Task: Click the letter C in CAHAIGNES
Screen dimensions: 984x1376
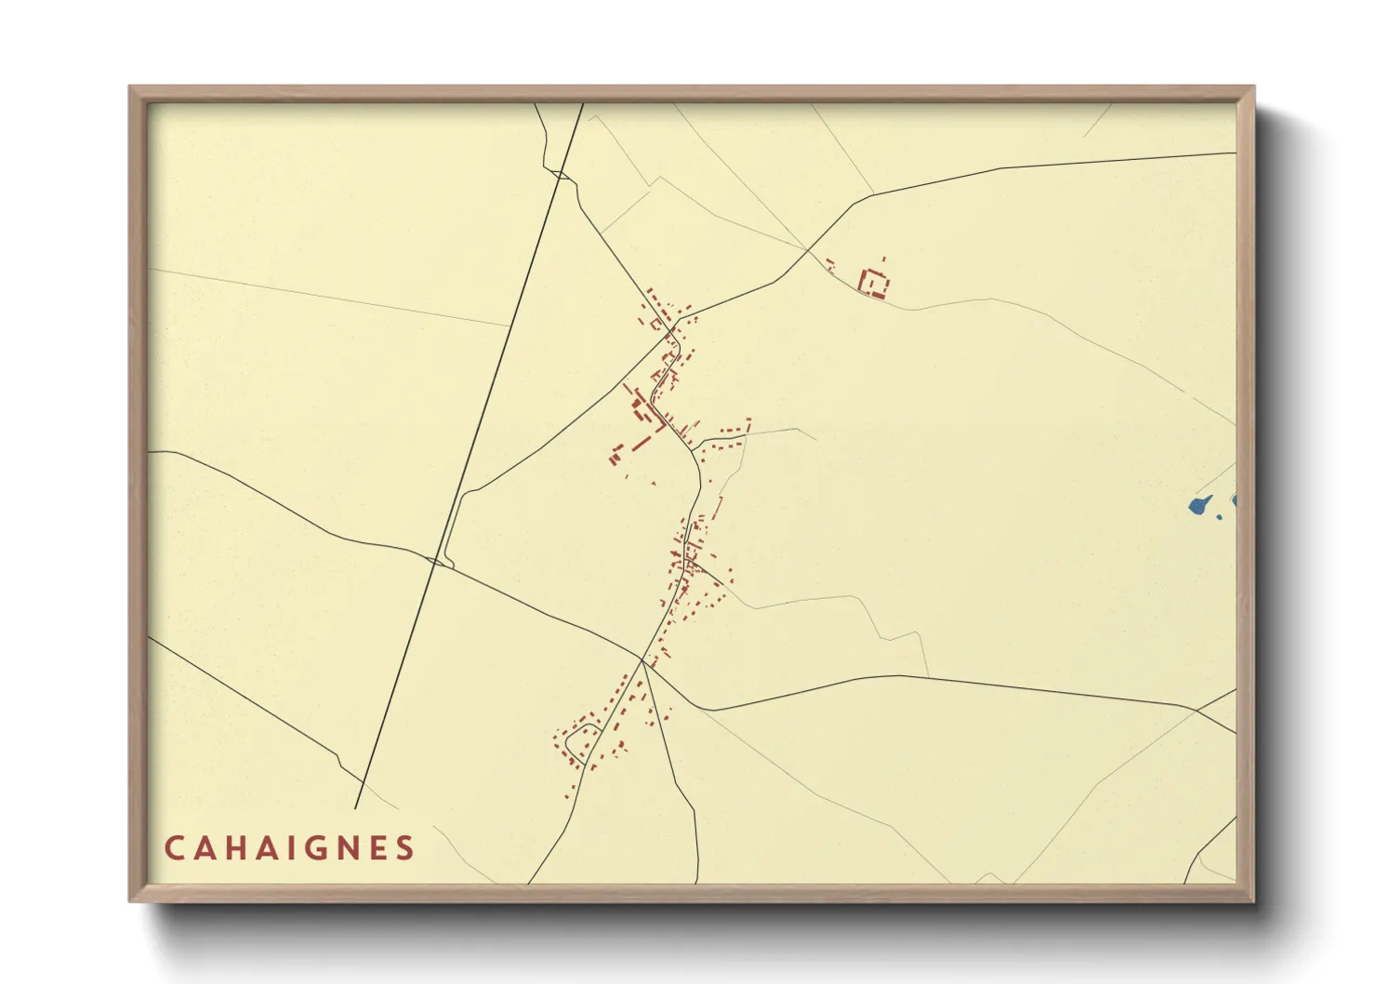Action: point(174,848)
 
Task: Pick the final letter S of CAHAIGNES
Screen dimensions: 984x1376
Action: point(405,848)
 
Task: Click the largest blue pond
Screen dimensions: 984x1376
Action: point(1199,505)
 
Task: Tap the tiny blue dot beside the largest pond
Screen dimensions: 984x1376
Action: point(1220,516)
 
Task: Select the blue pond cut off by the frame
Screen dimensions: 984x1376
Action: point(1234,500)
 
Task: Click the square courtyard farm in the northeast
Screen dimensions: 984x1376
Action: point(874,282)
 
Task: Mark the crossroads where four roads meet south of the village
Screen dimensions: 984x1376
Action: point(642,660)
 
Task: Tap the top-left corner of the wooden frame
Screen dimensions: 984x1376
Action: point(131,88)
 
